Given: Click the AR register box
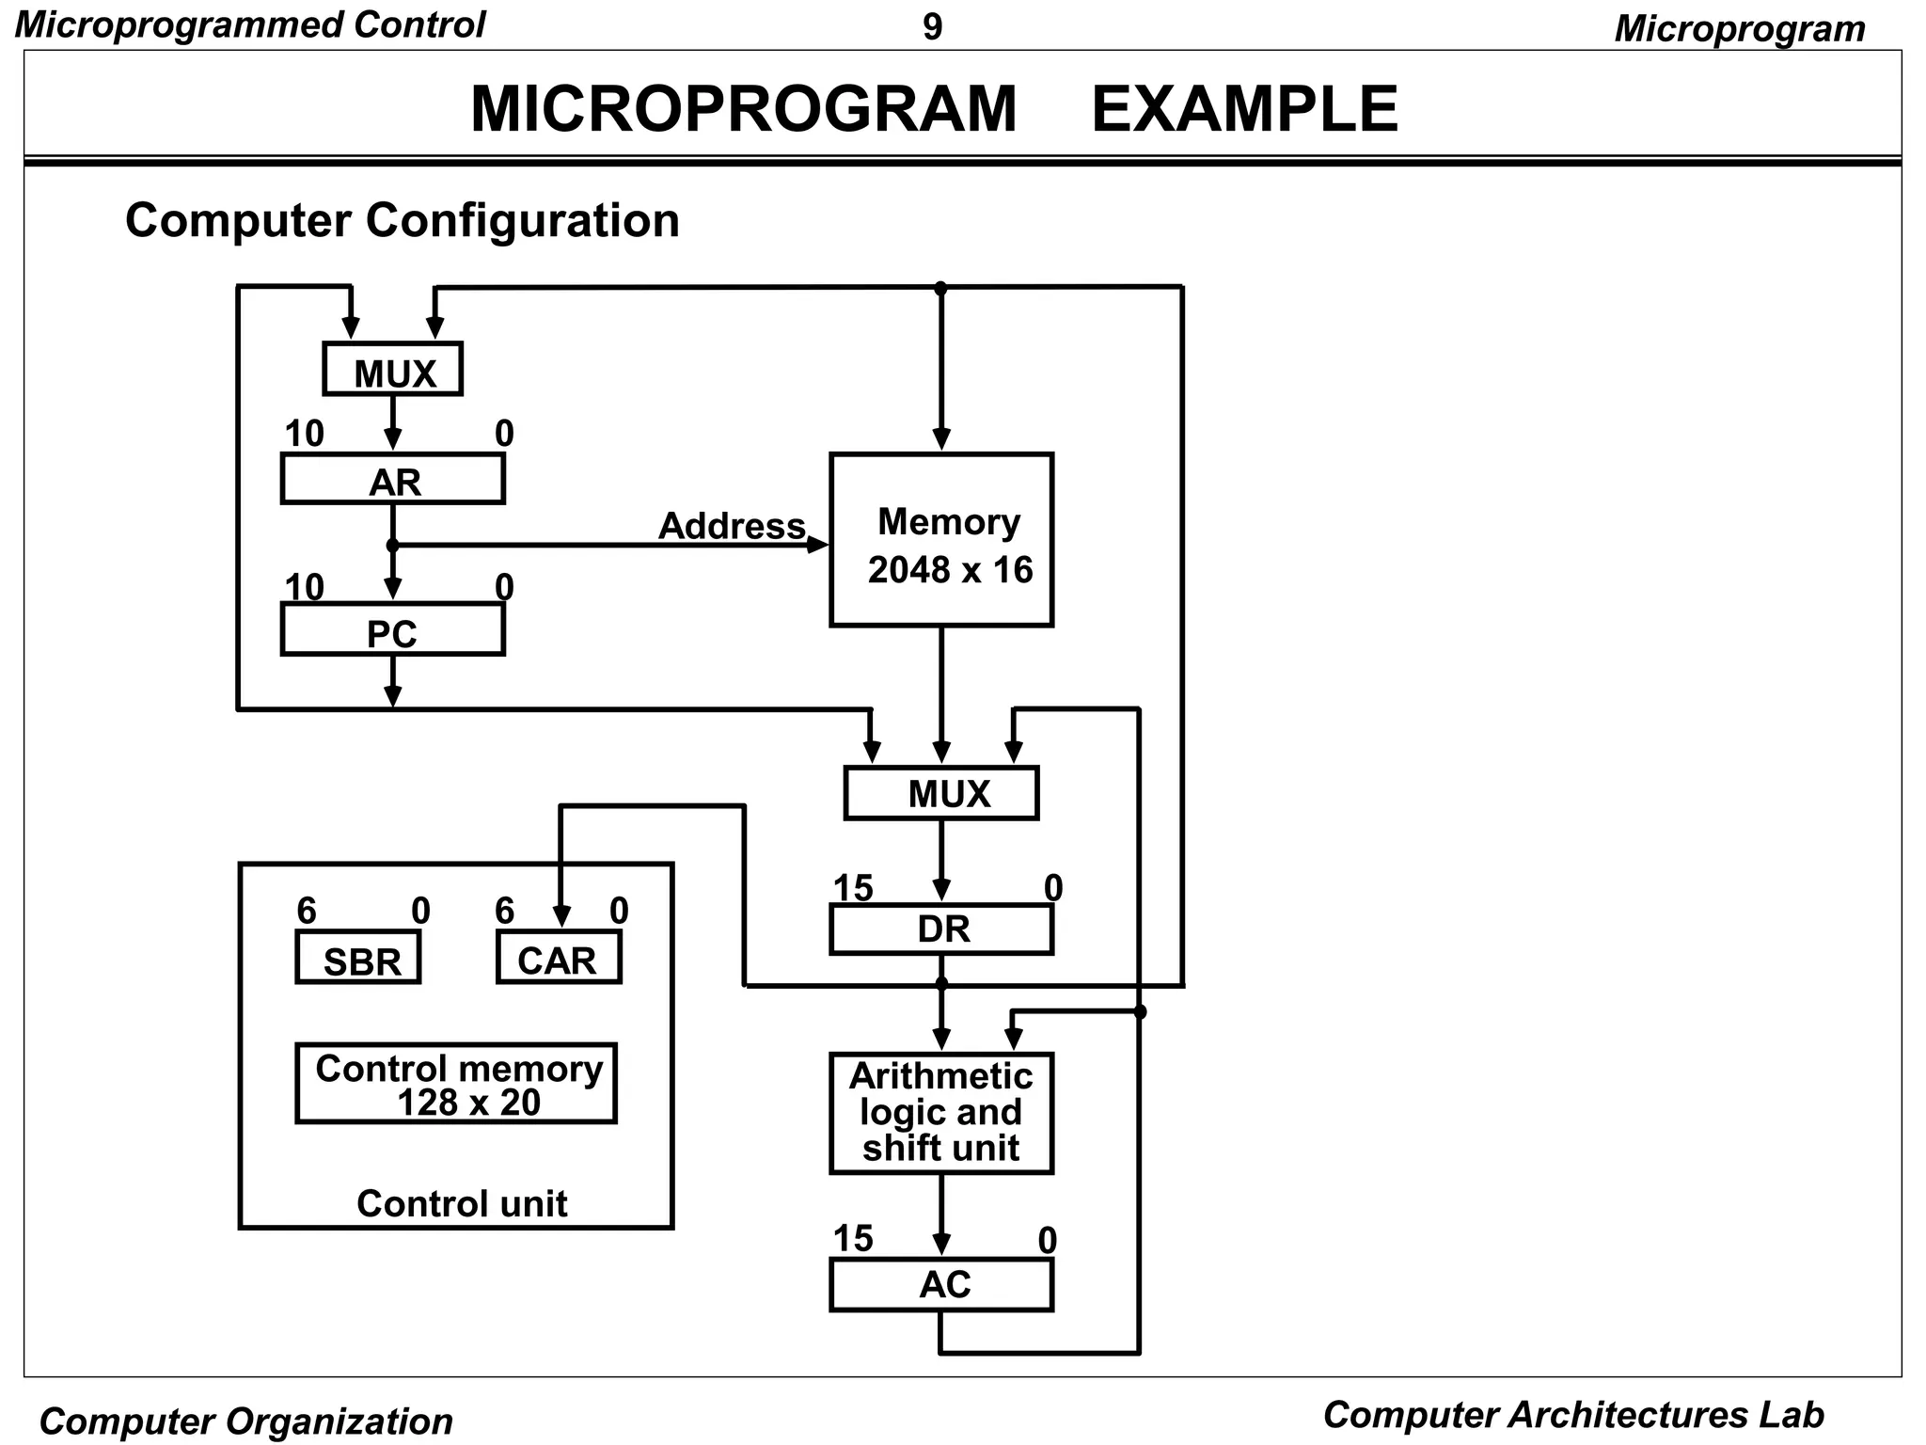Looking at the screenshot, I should coord(392,480).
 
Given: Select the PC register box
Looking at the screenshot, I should coord(392,630).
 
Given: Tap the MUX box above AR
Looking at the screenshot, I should coord(392,370).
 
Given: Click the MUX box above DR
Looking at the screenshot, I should coord(940,794).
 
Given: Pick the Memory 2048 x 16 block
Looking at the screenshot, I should coord(940,541).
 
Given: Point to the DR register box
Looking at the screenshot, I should coord(940,929).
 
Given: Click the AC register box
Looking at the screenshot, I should coord(940,1285).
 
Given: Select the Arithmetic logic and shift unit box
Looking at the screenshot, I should coord(940,1113).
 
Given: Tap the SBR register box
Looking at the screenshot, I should coord(358,959).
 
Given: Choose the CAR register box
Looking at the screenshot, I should coord(559,959).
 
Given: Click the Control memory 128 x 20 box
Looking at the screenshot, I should coord(456,1084).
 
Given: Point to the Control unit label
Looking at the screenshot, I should coord(462,1204).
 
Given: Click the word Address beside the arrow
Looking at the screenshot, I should coord(732,526).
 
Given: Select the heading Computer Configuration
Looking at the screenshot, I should coord(402,221).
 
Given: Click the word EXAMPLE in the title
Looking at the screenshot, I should coord(1243,109).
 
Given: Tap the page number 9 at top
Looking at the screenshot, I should coord(932,27).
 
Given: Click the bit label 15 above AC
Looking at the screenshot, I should coord(853,1239).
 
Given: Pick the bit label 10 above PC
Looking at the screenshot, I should coord(304,588).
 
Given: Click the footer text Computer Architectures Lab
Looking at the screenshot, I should coord(1572,1415).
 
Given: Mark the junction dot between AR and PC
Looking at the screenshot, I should coord(392,546).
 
